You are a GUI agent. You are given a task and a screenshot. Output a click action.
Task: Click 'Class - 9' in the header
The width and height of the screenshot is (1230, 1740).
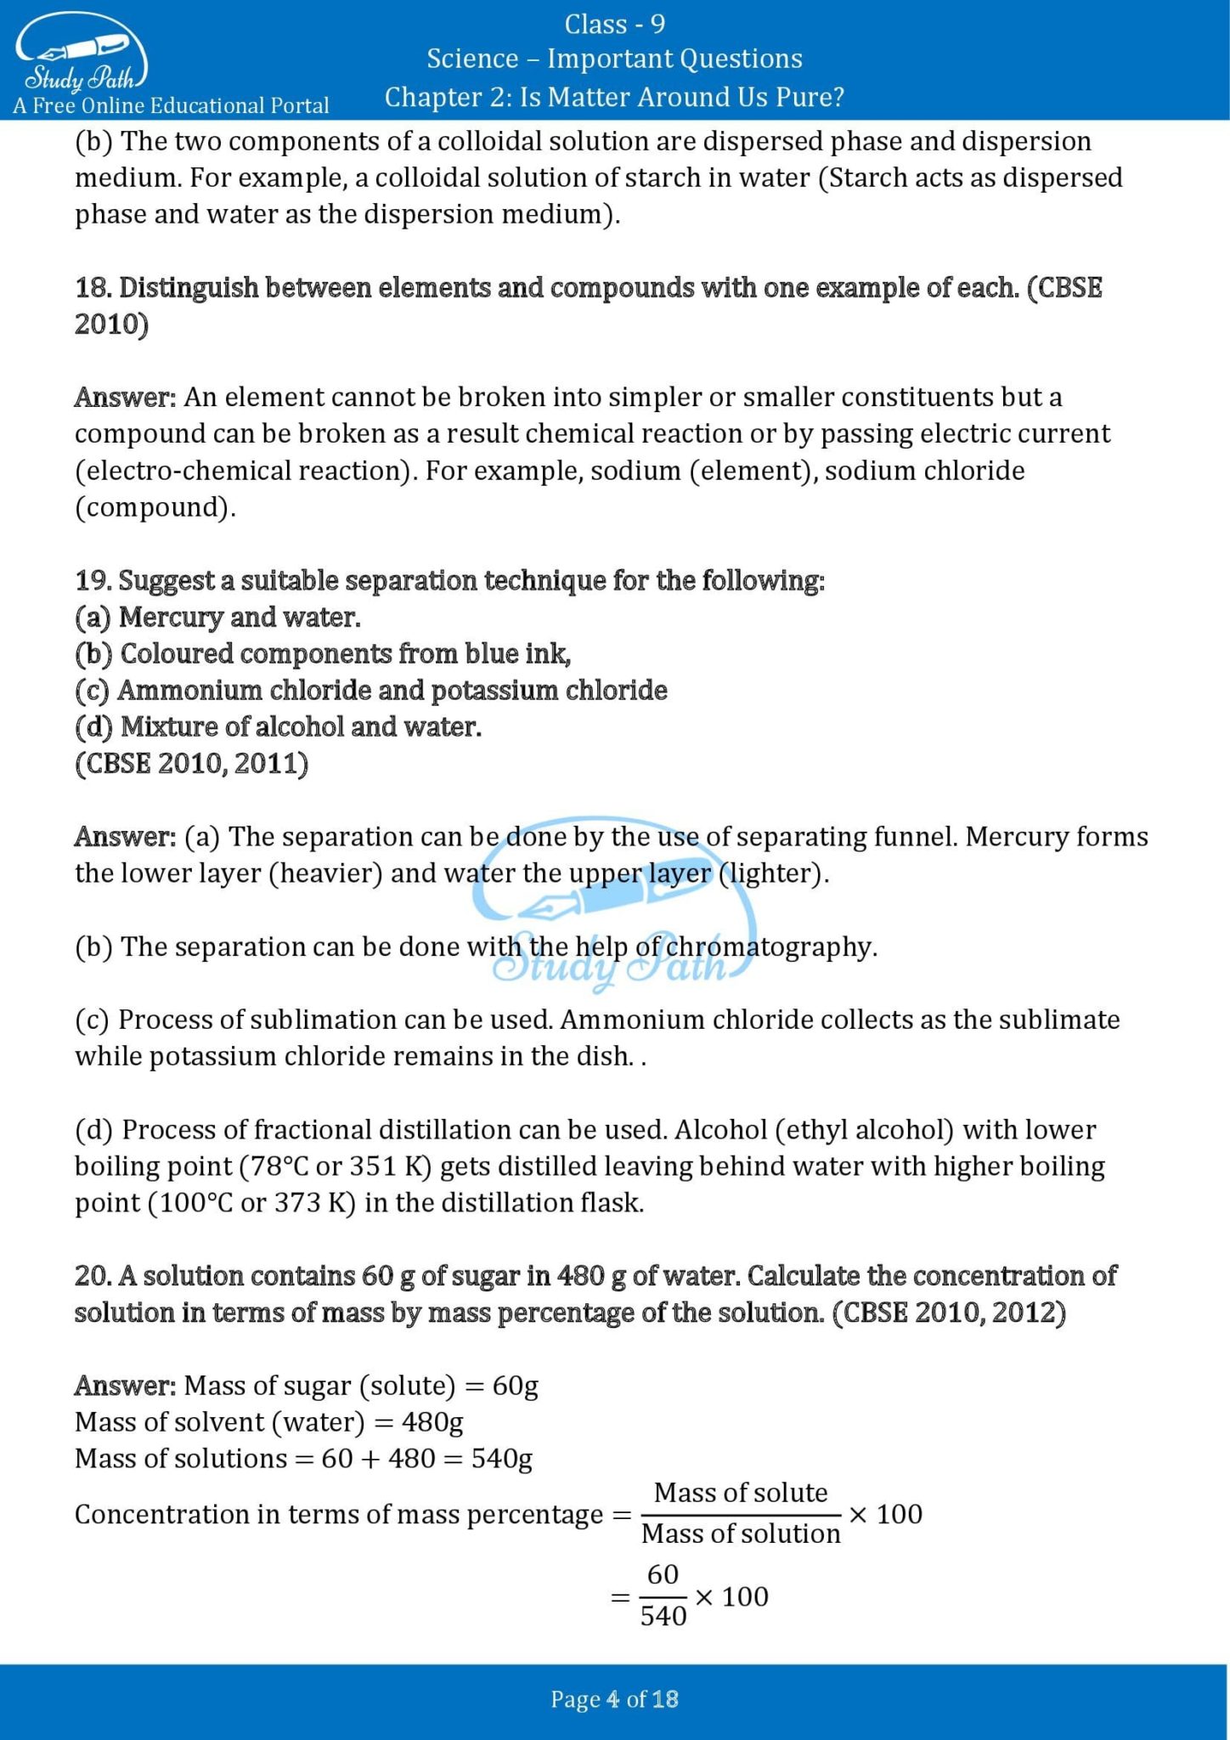pyautogui.click(x=614, y=24)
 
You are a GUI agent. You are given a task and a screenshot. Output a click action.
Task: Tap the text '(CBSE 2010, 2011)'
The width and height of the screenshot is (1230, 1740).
pyautogui.click(x=191, y=764)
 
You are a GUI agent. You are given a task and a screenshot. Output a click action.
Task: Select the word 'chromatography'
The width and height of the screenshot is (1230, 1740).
pyautogui.click(x=769, y=946)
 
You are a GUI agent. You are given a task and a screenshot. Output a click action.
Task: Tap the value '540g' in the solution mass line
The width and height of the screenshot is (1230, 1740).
pyautogui.click(x=501, y=1459)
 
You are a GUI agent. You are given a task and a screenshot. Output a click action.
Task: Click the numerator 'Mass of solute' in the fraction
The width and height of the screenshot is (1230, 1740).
pyautogui.click(x=740, y=1493)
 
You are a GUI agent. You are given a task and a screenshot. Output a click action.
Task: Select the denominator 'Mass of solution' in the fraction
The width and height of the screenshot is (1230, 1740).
pyautogui.click(x=740, y=1534)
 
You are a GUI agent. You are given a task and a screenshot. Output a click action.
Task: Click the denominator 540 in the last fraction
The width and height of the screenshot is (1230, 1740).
pyautogui.click(x=663, y=1616)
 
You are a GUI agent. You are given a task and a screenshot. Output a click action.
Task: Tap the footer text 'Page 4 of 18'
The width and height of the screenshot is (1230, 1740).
pyautogui.click(x=614, y=1699)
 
